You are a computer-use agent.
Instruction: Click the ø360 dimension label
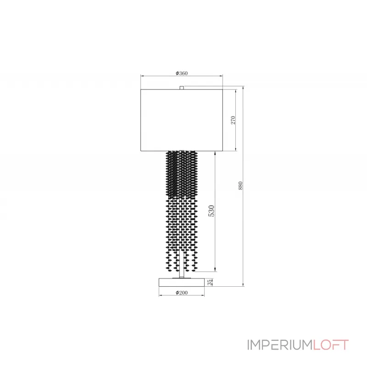[x=182, y=73]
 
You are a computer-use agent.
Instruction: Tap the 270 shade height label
[x=233, y=120]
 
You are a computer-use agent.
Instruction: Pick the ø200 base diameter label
[x=182, y=292]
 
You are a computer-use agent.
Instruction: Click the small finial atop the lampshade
[x=182, y=87]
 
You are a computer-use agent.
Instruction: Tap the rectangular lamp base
[x=182, y=282]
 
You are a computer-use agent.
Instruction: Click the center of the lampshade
[x=182, y=120]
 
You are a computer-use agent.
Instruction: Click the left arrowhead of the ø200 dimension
[x=160, y=295]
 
